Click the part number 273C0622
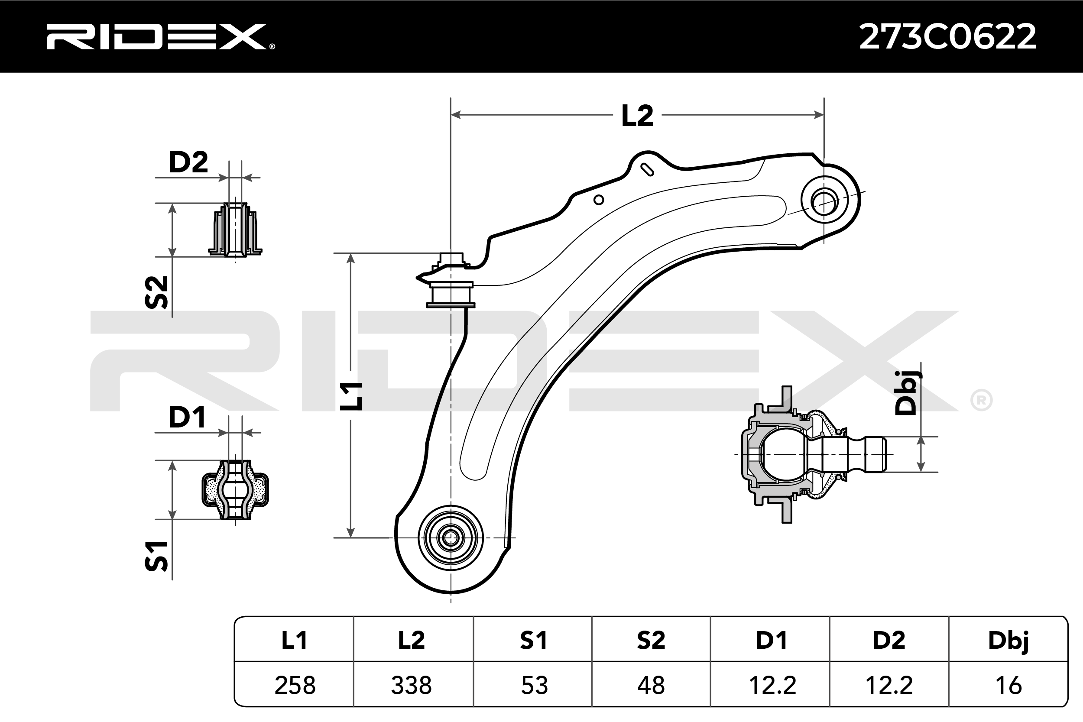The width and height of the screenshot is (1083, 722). tap(948, 36)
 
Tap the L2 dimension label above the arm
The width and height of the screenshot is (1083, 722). tap(637, 116)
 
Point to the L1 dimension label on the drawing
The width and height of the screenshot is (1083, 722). tap(351, 396)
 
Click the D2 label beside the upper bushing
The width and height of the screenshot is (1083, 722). tap(188, 162)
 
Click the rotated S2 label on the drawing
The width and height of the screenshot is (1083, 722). tap(156, 292)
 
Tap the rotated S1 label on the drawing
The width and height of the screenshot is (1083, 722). tap(156, 557)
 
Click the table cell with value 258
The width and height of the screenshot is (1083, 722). tap(295, 685)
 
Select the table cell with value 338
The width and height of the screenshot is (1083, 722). tap(411, 685)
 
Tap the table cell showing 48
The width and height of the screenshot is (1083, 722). tap(651, 685)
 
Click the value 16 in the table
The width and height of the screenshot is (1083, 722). tap(1008, 685)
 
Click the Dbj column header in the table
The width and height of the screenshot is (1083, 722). tap(1008, 641)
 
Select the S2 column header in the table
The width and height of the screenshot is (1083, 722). tap(651, 641)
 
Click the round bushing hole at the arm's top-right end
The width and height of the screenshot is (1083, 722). tap(824, 201)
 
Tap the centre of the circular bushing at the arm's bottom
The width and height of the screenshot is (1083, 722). tap(451, 537)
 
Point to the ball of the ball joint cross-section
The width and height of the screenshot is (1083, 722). tap(783, 454)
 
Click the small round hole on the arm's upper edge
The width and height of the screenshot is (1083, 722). tap(599, 200)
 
